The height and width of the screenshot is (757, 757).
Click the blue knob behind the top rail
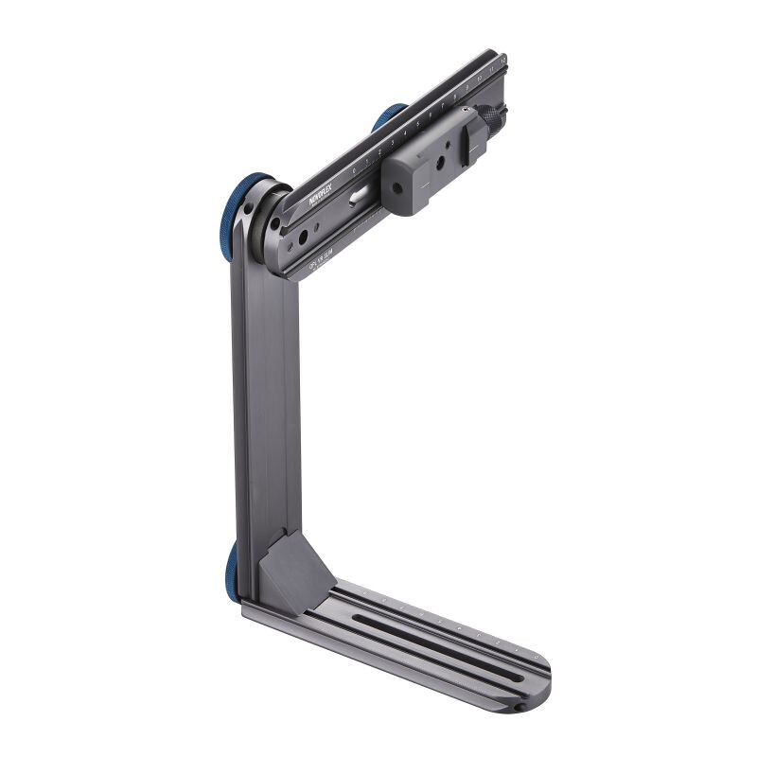[388, 116]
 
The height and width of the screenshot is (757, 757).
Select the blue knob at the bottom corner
[232, 566]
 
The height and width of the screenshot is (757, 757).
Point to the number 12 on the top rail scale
[502, 59]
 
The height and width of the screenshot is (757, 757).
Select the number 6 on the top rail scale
[430, 115]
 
